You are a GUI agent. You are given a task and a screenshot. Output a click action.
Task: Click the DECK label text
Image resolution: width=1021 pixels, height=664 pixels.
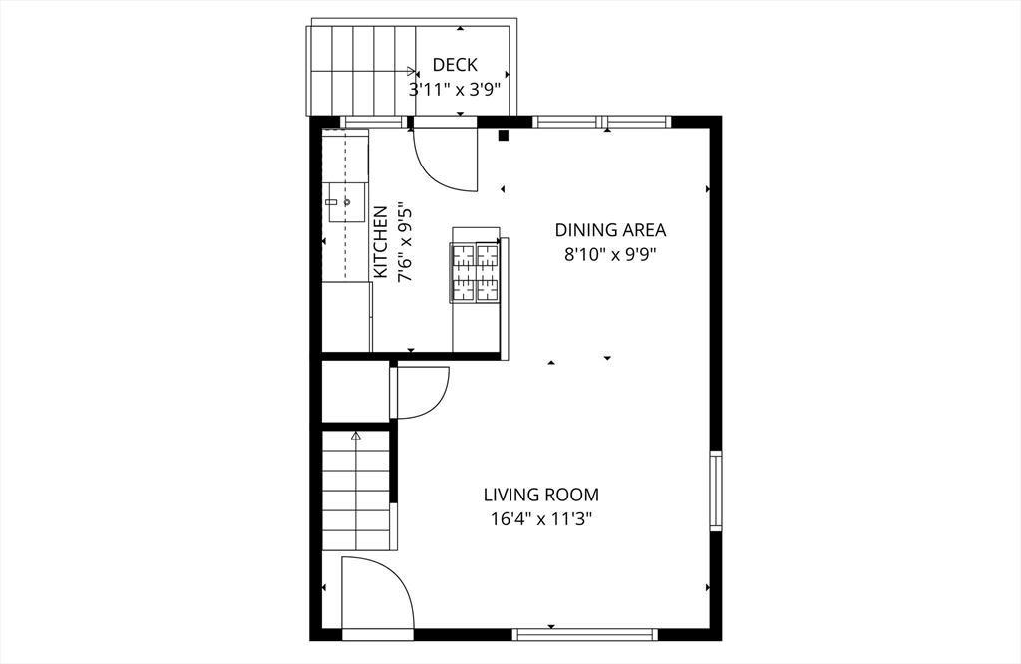click(x=454, y=66)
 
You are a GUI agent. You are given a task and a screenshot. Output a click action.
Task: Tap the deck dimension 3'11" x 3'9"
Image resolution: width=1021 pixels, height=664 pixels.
click(x=454, y=88)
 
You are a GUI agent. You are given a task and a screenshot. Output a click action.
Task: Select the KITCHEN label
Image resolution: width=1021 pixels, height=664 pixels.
click(x=380, y=243)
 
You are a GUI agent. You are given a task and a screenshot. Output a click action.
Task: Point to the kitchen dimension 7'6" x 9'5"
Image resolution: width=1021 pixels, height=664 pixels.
click(x=405, y=243)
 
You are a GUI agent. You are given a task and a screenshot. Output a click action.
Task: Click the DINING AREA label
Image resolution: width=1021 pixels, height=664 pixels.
click(x=610, y=230)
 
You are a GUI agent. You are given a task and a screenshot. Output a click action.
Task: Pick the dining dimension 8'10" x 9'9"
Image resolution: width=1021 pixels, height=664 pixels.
click(x=610, y=253)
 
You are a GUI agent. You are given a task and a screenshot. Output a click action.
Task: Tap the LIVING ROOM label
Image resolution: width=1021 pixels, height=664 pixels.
click(x=541, y=495)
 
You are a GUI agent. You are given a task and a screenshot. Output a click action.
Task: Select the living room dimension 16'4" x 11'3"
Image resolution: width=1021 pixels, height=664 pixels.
click(x=541, y=518)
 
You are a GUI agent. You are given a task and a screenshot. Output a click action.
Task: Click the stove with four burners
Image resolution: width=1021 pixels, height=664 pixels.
click(x=476, y=272)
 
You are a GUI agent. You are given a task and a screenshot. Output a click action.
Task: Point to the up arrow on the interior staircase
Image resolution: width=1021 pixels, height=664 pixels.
click(x=355, y=436)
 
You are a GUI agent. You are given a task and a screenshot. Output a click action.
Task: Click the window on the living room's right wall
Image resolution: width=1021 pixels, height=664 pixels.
click(x=715, y=490)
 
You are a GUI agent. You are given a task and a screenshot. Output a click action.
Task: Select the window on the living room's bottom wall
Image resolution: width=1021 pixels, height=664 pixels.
click(x=584, y=633)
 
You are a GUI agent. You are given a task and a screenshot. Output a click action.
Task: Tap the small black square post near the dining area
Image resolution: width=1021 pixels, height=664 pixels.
click(x=504, y=135)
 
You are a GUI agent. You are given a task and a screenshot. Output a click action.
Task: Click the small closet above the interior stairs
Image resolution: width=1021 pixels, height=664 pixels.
click(x=354, y=391)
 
